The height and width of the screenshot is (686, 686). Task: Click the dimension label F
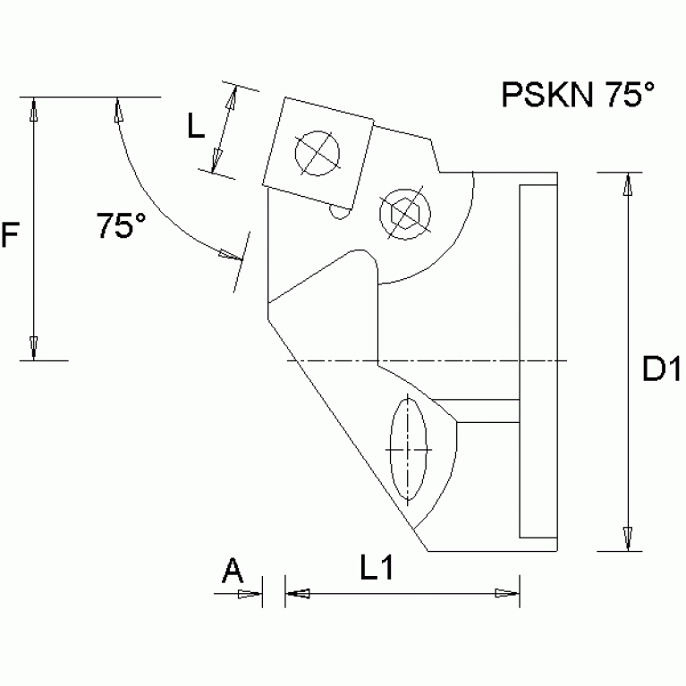10,235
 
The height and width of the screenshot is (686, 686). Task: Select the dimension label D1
662,368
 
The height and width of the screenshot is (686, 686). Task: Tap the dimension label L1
377,567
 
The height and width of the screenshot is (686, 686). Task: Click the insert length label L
196,126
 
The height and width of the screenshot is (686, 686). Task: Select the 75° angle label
122,226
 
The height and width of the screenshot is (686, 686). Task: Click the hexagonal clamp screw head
405,212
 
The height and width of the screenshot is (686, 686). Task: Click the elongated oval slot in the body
409,446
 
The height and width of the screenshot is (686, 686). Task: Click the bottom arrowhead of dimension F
33,348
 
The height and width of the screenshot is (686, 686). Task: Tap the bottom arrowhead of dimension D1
628,538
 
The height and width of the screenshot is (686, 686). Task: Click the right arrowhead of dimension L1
508,592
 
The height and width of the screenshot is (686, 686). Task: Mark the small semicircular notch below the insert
338,211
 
